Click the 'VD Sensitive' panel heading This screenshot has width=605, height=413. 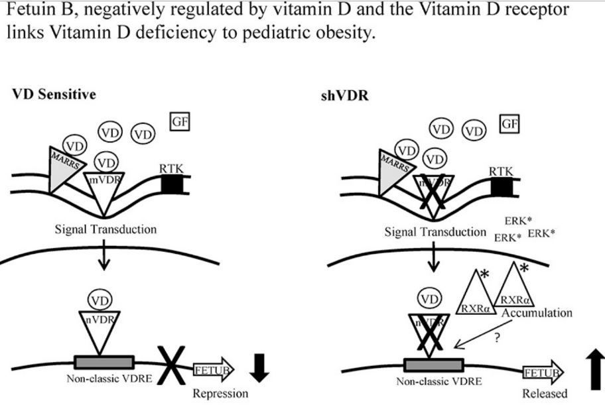click(x=54, y=94)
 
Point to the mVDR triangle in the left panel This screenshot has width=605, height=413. click(x=103, y=189)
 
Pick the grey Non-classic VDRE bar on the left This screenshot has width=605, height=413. click(x=105, y=363)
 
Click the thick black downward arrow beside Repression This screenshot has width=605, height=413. click(x=261, y=369)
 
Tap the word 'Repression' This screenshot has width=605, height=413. click(x=220, y=394)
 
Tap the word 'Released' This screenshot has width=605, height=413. click(x=545, y=394)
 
